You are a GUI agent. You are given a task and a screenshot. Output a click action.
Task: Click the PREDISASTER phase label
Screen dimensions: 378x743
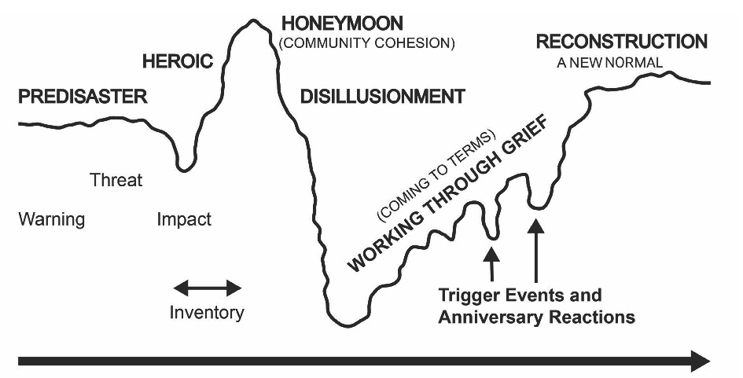point(83,97)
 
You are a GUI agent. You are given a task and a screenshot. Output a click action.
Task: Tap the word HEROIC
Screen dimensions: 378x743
point(178,61)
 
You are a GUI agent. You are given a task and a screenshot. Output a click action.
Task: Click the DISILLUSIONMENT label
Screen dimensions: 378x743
point(382,97)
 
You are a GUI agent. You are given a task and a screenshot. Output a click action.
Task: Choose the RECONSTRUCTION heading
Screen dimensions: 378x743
point(621,41)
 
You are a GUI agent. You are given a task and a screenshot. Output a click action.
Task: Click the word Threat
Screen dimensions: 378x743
point(116,180)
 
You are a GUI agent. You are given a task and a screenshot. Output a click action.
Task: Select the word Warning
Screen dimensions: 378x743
point(51,219)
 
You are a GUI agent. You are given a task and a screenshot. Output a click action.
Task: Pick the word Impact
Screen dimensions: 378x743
point(184,219)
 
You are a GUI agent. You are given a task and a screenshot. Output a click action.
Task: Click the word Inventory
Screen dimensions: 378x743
point(207,313)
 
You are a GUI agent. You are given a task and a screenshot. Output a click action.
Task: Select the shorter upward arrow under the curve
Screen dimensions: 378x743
point(492,264)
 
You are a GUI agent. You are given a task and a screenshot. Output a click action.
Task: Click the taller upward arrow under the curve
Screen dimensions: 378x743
point(535,251)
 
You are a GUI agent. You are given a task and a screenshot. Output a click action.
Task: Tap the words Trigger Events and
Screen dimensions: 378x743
point(520,296)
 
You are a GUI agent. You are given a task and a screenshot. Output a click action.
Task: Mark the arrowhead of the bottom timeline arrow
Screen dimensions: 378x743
point(700,361)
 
